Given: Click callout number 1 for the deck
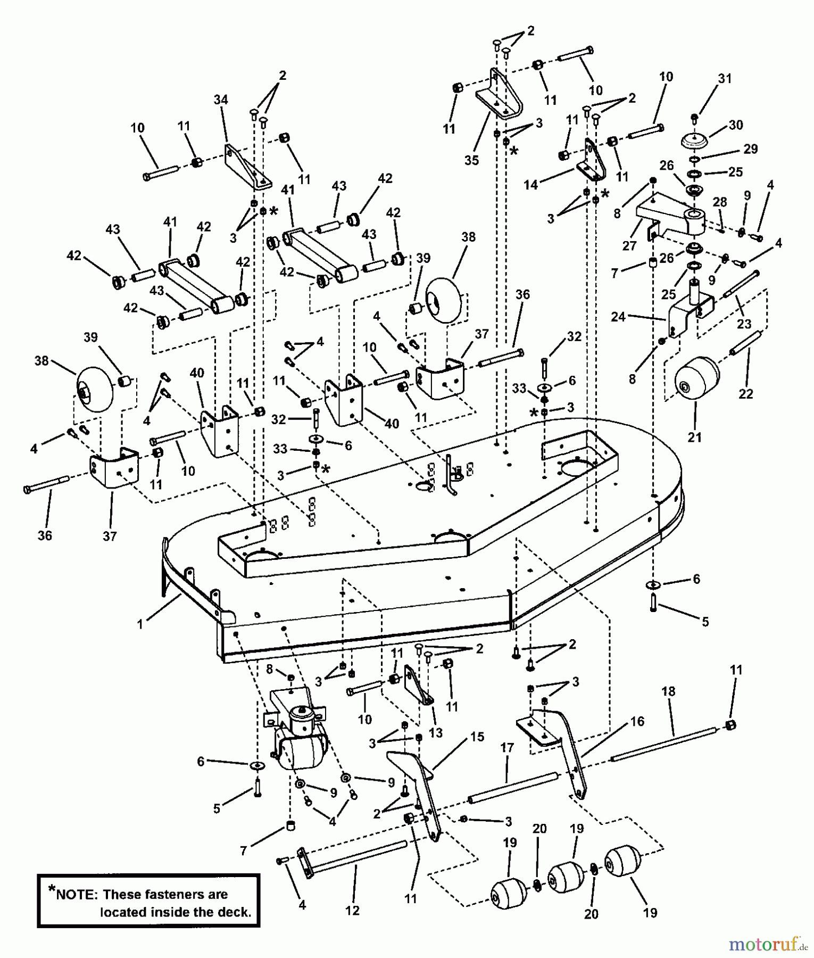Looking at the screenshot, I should coord(140,624).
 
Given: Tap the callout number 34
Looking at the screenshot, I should coord(221,100).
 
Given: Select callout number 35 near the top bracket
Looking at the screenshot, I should coord(471,160).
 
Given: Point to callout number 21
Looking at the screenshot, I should coord(695,437).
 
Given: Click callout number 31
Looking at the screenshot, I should coord(725,78).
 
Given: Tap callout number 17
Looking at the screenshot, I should coord(507,748).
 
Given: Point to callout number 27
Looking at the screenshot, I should coord(629,246).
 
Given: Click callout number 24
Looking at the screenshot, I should coord(618,317).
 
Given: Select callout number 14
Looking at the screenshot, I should coord(530,185).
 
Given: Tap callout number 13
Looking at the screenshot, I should coord(436,733).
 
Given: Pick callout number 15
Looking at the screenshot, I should coord(477,737).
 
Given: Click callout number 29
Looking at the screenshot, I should coord(750,149).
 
